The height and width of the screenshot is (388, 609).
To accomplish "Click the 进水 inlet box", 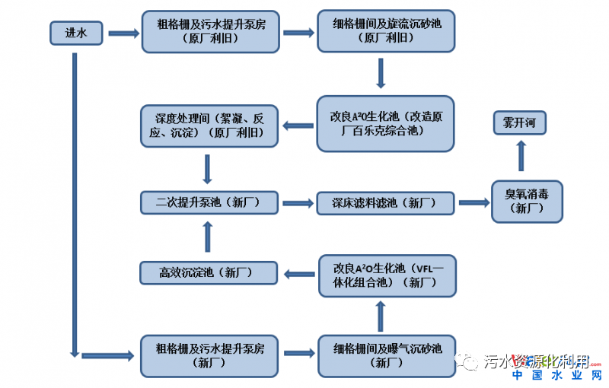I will [x=76, y=33].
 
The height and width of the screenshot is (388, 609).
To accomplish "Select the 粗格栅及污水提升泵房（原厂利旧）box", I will [x=210, y=31].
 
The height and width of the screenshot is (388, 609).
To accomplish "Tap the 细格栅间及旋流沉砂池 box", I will [x=385, y=31].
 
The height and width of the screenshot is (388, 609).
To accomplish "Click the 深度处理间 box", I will [x=210, y=126].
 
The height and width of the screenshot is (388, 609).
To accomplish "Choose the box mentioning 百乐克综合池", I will [x=385, y=123].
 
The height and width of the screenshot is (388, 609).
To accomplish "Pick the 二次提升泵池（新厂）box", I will [x=210, y=202].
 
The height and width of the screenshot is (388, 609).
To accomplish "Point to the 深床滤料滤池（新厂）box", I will [x=385, y=203].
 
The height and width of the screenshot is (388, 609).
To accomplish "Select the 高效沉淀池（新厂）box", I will [x=206, y=272].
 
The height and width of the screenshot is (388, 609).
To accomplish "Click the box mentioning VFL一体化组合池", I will [x=385, y=275].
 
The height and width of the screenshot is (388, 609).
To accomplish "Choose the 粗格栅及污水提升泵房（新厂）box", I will [x=210, y=355].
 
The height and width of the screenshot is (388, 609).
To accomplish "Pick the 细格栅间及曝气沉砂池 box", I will [x=385, y=355].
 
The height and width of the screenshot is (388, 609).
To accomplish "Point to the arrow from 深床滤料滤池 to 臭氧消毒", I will [x=473, y=203].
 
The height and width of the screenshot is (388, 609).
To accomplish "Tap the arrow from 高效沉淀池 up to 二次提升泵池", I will [x=207, y=237].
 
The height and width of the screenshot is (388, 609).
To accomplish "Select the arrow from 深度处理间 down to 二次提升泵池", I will [x=207, y=167].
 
